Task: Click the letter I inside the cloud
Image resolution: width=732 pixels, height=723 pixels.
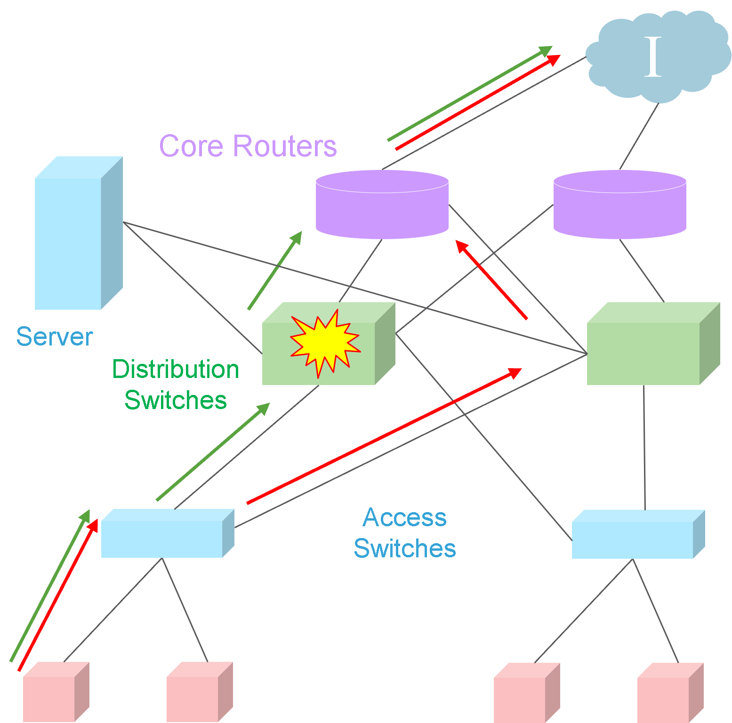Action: (x=652, y=57)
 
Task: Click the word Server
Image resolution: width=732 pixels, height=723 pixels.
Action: (x=55, y=337)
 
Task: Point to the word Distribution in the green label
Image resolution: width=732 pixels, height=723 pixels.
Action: (x=176, y=369)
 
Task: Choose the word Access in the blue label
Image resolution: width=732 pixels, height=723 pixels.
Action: (x=404, y=517)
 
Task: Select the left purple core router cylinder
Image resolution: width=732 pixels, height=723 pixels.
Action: (x=382, y=207)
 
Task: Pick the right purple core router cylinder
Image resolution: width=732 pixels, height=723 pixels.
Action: (x=619, y=207)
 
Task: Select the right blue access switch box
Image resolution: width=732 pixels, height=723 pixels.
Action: (x=633, y=538)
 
